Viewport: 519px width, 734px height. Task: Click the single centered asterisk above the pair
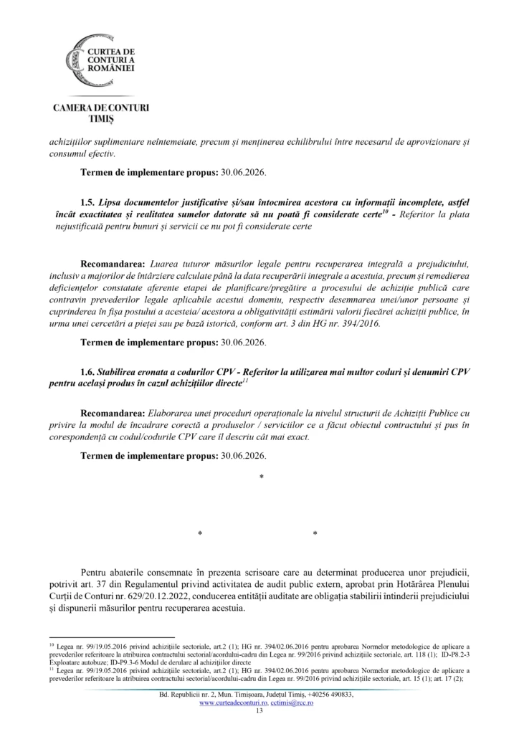pos(261,477)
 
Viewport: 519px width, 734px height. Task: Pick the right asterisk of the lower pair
pos(315,534)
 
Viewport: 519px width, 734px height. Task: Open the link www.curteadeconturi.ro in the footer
pos(229,703)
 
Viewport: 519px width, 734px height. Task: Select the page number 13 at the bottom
pos(259,711)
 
